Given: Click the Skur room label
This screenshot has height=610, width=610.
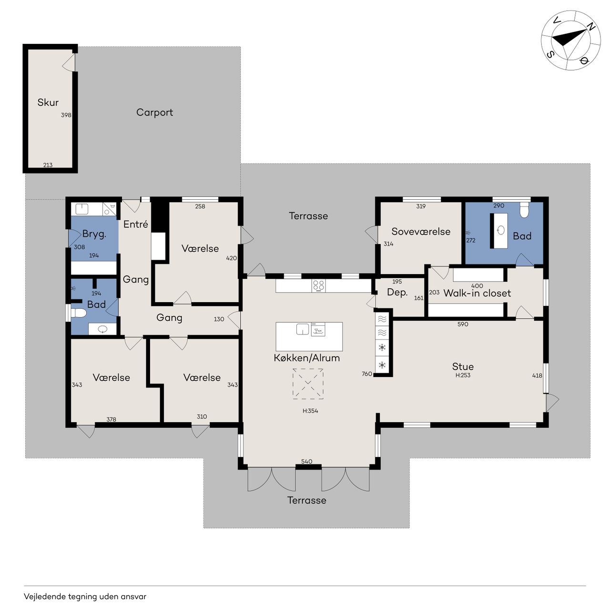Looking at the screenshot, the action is coord(48,102).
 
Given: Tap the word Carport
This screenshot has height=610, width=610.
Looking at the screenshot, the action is coord(154,112).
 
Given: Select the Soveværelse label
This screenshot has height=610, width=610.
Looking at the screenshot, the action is coord(421,232).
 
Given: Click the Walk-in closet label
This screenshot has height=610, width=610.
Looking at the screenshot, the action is coord(477,293).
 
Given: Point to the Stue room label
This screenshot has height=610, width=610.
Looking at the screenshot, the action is coord(463,366).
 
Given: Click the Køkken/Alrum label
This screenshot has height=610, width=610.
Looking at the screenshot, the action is coord(307,358).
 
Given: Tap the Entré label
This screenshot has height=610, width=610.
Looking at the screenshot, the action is coord(135,224).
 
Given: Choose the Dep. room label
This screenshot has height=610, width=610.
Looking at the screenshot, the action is coord(397,292).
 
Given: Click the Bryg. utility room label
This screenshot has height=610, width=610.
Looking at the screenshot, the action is coord(94,234).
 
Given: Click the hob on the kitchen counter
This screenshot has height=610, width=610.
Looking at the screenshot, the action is coord(318,285).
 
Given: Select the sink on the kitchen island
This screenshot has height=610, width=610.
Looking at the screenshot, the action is coord(302,329).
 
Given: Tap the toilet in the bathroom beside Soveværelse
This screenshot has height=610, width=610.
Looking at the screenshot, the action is coord(524,210).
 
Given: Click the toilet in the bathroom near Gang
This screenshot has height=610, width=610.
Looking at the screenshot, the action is coord(79,313).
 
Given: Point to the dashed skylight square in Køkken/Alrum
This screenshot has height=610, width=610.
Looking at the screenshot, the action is coord(308,384).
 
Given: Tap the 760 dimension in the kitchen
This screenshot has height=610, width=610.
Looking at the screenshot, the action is coord(367,374).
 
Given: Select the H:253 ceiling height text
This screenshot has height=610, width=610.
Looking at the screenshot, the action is coord(463,376).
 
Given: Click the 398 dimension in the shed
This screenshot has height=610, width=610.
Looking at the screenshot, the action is coord(66,115).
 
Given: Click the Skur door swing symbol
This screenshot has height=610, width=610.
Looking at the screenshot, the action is coord(69,62).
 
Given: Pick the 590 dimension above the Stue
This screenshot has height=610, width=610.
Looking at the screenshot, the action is coord(463,324).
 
